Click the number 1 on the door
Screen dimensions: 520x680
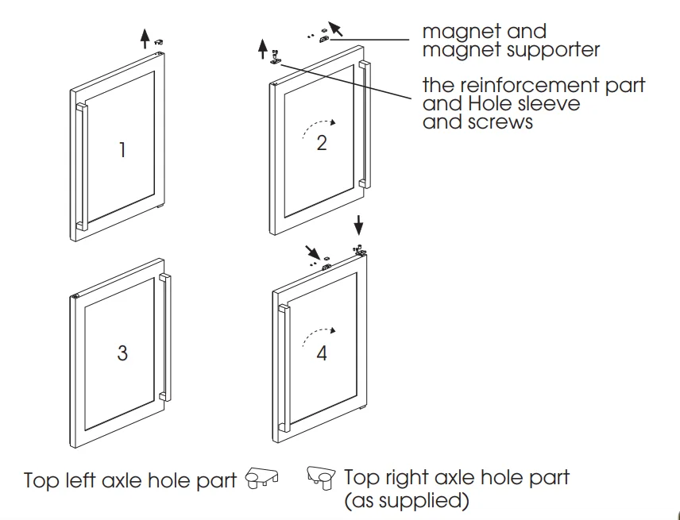(122, 149)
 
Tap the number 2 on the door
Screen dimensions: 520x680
(322, 144)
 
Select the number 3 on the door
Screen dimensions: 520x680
(122, 352)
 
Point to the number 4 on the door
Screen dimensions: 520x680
(322, 353)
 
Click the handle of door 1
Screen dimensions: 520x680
(80, 167)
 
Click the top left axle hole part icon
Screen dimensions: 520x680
(262, 478)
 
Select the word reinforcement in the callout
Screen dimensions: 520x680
(531, 85)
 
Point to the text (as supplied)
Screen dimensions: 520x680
(406, 502)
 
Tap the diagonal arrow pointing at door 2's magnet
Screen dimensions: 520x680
(336, 30)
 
